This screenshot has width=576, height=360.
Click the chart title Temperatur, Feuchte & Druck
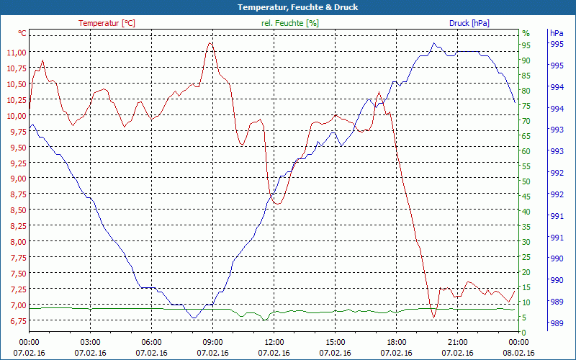287,7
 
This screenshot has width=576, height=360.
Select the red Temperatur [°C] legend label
107,23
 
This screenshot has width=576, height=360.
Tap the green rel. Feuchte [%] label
289,23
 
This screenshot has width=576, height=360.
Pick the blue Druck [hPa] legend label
469,23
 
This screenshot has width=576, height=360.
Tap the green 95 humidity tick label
526,45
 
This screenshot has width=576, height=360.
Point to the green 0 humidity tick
524,332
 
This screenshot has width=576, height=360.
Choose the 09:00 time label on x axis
212,342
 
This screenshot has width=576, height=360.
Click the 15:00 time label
336,342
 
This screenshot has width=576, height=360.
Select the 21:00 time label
458,342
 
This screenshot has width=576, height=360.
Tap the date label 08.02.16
519,353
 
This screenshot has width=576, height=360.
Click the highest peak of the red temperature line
210,42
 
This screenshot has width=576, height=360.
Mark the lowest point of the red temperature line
433,317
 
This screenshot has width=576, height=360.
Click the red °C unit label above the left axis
22,33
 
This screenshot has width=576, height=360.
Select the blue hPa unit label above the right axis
556,33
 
